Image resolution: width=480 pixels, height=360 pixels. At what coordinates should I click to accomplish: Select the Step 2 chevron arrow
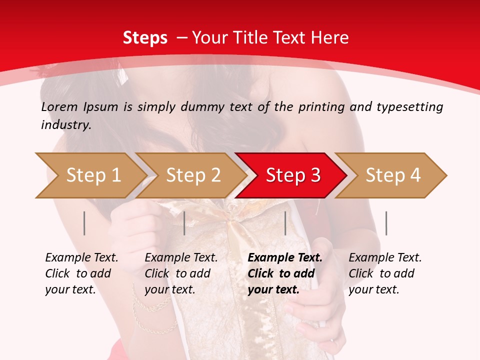point(192,175)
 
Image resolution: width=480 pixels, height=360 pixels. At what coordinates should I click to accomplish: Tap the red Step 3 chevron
point(292,175)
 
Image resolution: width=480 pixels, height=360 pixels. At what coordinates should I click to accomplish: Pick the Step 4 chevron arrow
point(392,175)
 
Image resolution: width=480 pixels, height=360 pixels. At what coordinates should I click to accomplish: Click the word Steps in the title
point(145,38)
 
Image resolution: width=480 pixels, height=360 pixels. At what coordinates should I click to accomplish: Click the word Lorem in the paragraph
point(59,107)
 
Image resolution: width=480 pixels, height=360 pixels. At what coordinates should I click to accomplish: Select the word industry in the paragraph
point(65,125)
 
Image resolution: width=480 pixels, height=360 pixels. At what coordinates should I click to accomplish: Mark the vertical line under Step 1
point(84,223)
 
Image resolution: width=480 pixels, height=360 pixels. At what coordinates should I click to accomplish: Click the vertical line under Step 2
point(184,223)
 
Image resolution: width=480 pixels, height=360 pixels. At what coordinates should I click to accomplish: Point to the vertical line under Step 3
point(285,223)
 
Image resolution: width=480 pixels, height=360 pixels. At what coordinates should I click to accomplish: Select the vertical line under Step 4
point(386,223)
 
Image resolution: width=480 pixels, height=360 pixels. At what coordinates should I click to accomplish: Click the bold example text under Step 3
point(284,273)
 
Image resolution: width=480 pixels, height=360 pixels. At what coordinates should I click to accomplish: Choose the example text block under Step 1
point(81,273)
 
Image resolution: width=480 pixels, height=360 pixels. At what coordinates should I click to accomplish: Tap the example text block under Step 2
point(181,273)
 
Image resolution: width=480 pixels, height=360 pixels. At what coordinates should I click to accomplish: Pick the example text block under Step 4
point(384,273)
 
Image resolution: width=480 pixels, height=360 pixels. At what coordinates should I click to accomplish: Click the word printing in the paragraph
point(319,107)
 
